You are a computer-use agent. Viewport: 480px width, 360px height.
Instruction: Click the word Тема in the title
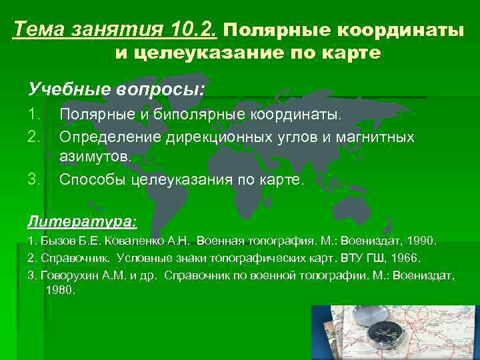tap(35, 29)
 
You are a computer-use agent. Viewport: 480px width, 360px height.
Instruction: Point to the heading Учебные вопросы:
tap(117, 89)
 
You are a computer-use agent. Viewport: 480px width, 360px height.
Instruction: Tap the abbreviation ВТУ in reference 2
tap(353, 257)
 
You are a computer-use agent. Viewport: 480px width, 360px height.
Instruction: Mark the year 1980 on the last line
tap(61, 291)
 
